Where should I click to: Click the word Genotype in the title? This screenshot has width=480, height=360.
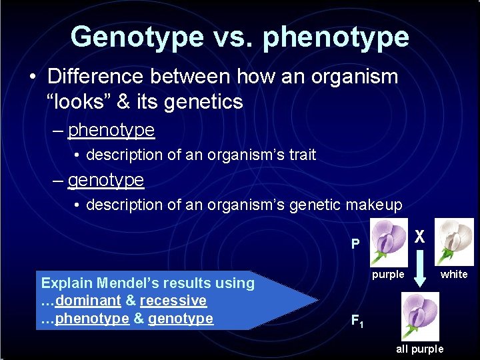point(137,37)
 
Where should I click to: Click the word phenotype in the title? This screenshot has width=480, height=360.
point(335,37)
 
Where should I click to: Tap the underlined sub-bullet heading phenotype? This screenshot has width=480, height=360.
point(111,130)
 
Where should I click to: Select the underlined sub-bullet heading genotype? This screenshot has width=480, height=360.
point(106,180)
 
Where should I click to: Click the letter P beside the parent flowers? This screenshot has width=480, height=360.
point(356,244)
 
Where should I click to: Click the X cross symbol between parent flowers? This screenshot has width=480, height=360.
point(419,237)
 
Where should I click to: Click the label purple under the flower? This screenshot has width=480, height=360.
point(387,275)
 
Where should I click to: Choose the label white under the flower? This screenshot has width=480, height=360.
point(454,275)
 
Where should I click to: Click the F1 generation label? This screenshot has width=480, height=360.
point(357,321)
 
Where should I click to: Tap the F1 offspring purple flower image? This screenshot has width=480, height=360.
point(420,316)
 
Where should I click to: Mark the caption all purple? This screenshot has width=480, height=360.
point(419,349)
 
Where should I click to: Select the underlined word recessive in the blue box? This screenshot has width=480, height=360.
point(173,301)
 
